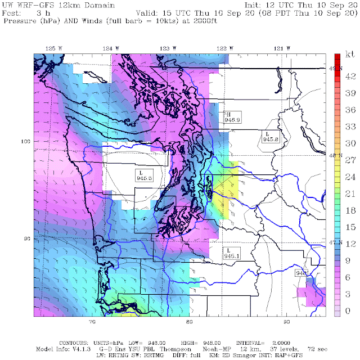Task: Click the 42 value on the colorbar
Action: pos(349,75)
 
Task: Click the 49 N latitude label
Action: pos(335,68)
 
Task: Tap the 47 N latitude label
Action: pos(335,242)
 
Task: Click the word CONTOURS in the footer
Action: pos(73,342)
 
